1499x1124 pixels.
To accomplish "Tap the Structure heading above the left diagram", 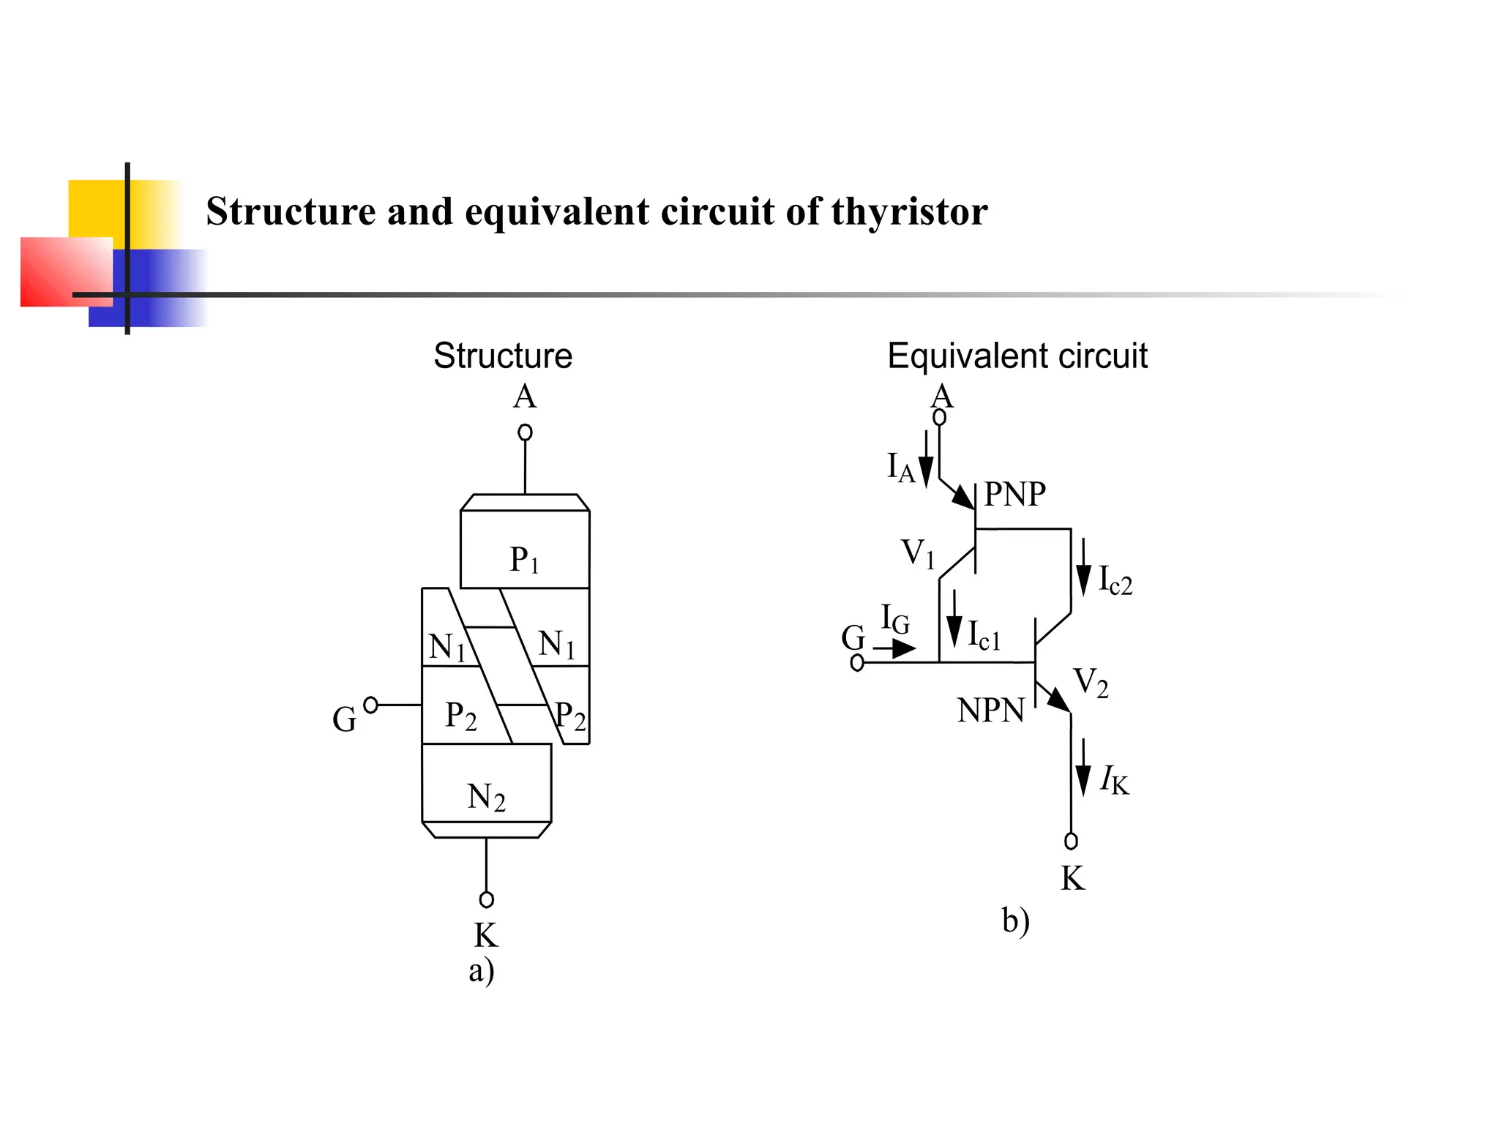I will point(503,356).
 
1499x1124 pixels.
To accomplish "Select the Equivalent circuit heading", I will point(1017,356).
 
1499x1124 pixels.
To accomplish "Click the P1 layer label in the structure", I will point(524,560).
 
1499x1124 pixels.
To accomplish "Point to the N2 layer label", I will point(486,797).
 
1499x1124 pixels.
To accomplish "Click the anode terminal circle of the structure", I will point(525,432).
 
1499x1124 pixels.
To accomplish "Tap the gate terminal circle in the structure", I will point(371,705).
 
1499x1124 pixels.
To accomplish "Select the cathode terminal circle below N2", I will point(486,899).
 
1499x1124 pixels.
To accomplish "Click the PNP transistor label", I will point(1014,494).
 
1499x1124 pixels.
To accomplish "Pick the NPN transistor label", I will point(990,711).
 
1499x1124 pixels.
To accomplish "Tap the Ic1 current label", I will point(984,635).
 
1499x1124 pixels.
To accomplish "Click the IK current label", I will point(1114,780).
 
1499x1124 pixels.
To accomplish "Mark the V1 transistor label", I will point(918,554).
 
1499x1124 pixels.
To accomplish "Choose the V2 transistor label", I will point(1091,683).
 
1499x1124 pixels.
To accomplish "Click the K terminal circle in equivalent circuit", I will point(1071,841).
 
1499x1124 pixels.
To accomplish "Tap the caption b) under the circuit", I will point(1015,921).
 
